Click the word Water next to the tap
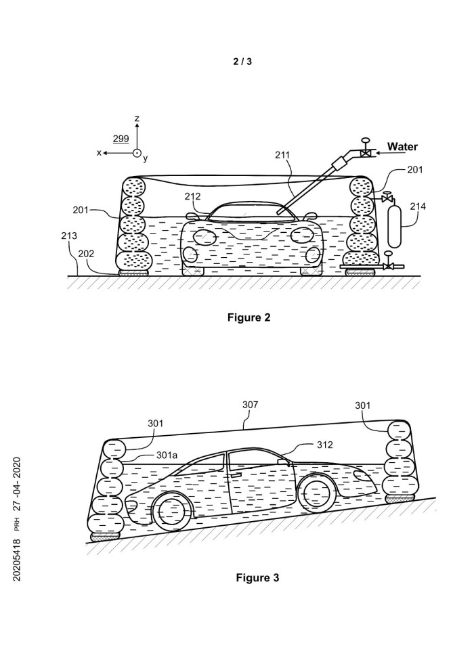(x=402, y=146)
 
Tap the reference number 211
(x=282, y=155)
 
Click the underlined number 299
(x=121, y=139)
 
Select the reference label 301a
(x=166, y=455)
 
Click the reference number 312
(x=326, y=445)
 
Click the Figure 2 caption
(x=249, y=317)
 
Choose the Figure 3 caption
(x=257, y=577)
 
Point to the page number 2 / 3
(x=242, y=62)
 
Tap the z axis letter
(x=137, y=119)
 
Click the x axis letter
(x=99, y=153)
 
